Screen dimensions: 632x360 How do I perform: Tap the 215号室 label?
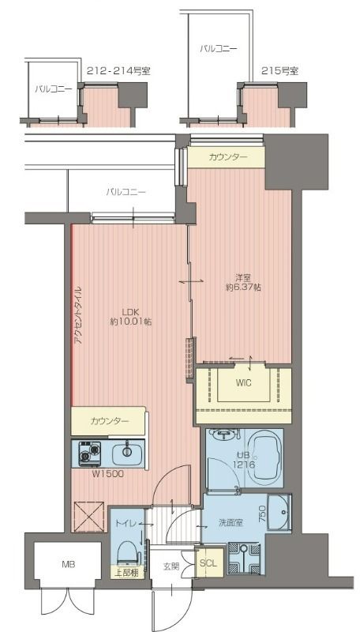tap(279, 70)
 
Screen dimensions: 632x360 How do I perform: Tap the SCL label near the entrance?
tap(208, 563)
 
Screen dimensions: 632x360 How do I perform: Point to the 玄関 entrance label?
tap(171, 566)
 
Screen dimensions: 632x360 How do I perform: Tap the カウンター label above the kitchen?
tap(109, 421)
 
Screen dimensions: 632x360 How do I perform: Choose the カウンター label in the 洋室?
tap(228, 158)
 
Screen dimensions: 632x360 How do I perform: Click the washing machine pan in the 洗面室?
tap(246, 556)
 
